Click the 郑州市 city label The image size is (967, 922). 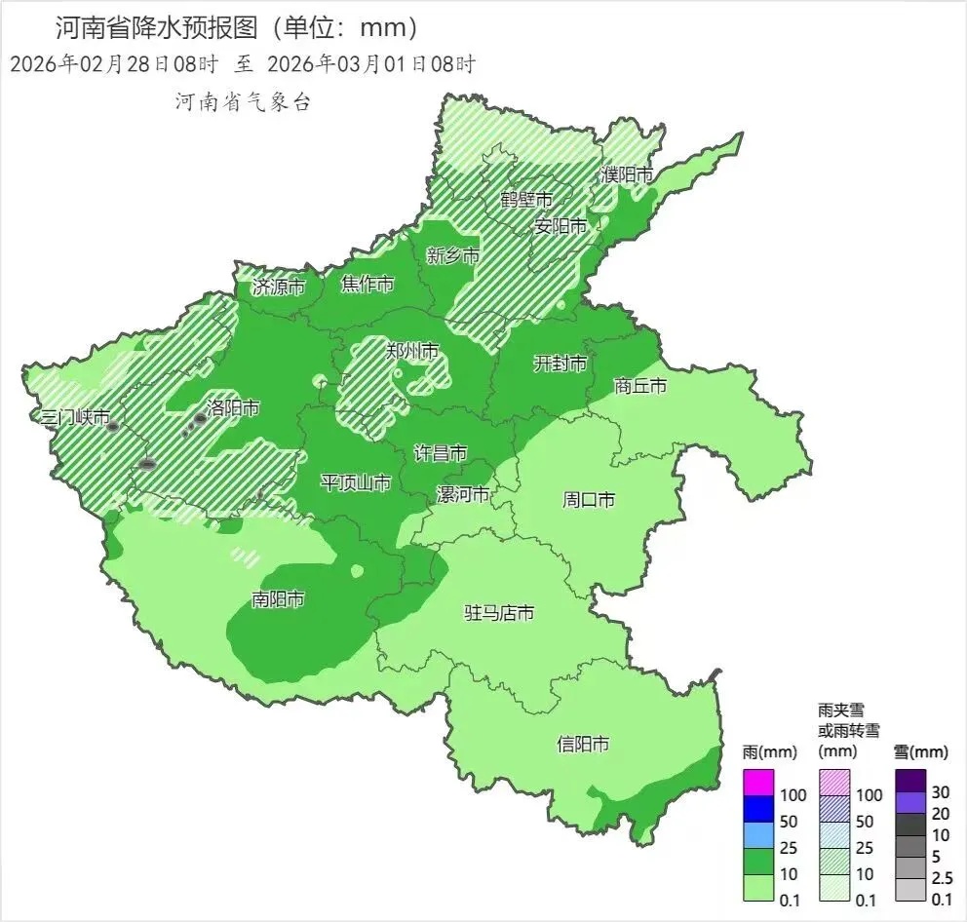[412, 352]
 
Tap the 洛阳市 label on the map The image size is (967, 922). [233, 408]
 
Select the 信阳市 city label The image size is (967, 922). [583, 744]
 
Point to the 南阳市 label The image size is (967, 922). [278, 599]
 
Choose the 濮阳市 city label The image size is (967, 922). [627, 174]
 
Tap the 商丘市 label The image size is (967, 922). [640, 386]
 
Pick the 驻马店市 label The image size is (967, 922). [498, 613]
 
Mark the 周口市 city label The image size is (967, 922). [589, 500]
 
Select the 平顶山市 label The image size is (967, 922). [356, 482]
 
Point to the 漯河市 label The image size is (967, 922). [462, 494]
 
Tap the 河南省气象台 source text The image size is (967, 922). [242, 101]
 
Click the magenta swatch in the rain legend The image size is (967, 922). [757, 782]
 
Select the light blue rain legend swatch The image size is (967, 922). [757, 834]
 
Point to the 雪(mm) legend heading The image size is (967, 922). [920, 751]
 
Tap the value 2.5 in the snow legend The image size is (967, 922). [943, 878]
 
